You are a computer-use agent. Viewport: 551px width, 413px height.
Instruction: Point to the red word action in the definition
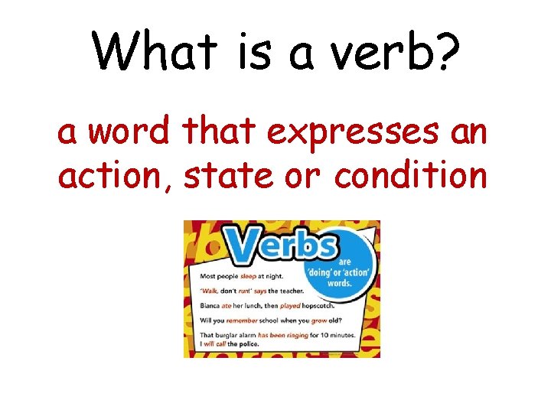[117, 177]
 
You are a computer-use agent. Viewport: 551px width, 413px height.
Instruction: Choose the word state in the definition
[226, 177]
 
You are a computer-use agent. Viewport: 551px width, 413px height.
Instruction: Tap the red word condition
[411, 177]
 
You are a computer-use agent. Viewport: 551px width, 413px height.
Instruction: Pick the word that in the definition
[220, 133]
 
